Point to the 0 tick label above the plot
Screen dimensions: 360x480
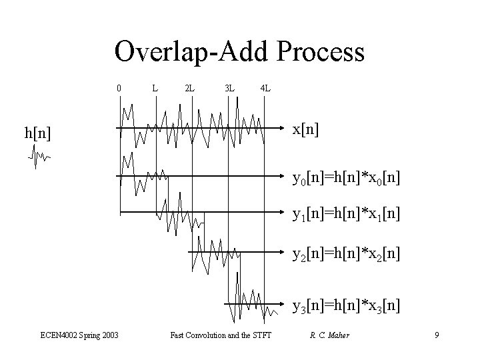(x=119, y=88)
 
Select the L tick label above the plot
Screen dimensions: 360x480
(x=155, y=88)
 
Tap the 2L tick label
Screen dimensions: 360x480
(x=190, y=88)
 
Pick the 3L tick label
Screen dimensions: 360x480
(x=229, y=88)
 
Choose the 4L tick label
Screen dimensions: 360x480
(x=265, y=88)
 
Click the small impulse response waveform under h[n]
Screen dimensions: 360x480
(x=39, y=157)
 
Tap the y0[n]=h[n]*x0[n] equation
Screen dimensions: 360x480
(x=347, y=178)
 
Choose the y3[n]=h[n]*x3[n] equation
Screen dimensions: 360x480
(x=347, y=307)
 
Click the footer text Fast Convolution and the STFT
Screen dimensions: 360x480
(x=221, y=335)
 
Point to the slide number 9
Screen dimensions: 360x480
(x=436, y=335)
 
